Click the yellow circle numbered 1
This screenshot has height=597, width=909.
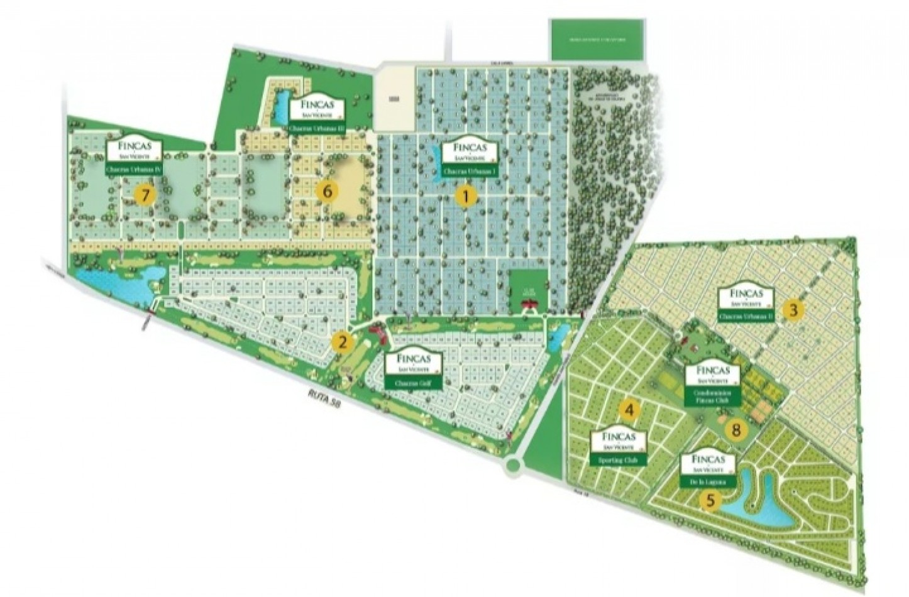coord(466,197)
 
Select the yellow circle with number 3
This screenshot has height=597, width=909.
coord(794,309)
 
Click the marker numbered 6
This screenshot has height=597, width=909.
coord(326,192)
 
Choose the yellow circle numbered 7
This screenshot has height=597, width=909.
coord(145,195)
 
